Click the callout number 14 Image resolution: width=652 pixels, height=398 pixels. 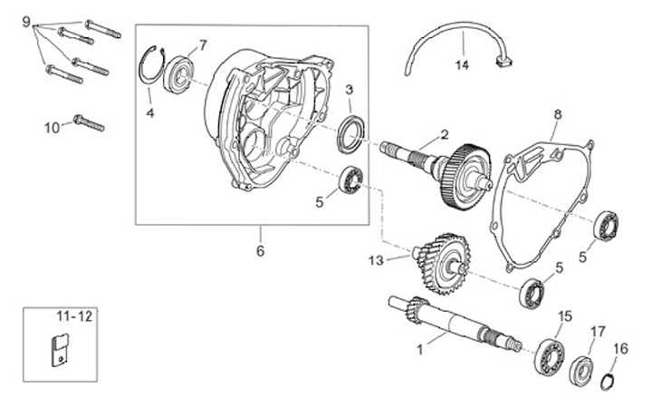pyautogui.click(x=463, y=65)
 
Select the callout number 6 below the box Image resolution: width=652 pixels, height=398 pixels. pyautogui.click(x=260, y=251)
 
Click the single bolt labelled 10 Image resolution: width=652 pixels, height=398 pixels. pyautogui.click(x=88, y=121)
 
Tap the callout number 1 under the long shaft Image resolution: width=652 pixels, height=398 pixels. pyautogui.click(x=418, y=347)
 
